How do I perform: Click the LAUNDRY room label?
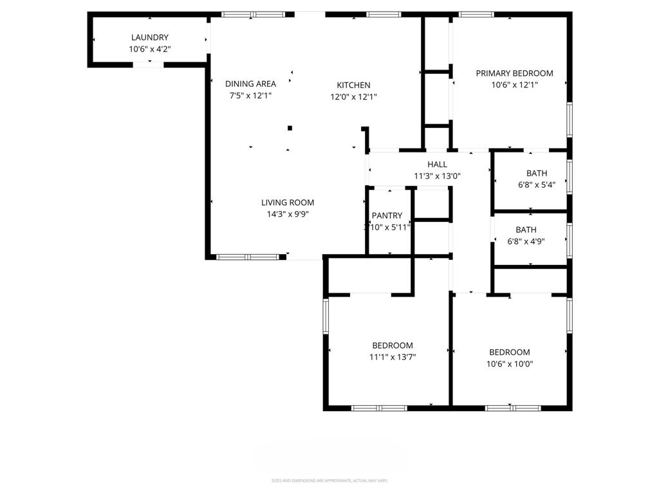(150, 38)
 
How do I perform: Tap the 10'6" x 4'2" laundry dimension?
(150, 49)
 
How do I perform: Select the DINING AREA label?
(250, 84)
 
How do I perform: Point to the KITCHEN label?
(353, 85)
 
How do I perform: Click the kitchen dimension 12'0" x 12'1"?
(353, 97)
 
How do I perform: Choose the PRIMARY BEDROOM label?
(514, 73)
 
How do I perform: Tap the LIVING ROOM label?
(288, 203)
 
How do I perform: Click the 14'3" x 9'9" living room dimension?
(288, 214)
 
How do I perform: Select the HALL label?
(437, 165)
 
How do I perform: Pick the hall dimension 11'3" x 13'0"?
(437, 176)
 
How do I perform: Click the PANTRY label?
(387, 215)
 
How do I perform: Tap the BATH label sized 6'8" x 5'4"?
(537, 173)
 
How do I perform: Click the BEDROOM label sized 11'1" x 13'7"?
(393, 345)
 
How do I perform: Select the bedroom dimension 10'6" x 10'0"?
(510, 363)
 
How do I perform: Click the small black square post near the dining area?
(290, 128)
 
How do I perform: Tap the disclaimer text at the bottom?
(329, 480)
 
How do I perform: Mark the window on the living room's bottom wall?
(248, 257)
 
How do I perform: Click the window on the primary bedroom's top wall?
(477, 14)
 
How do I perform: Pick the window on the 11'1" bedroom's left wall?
(326, 315)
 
